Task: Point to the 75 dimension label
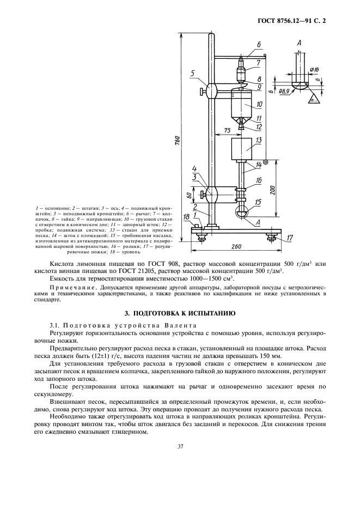coord(220,130)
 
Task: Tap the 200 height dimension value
coord(271,189)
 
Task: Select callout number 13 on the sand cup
coord(259,141)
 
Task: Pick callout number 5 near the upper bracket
coord(193,74)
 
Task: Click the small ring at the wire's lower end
coord(265,162)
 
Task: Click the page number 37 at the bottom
coord(180,447)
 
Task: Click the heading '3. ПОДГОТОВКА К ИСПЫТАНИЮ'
coord(180,313)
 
